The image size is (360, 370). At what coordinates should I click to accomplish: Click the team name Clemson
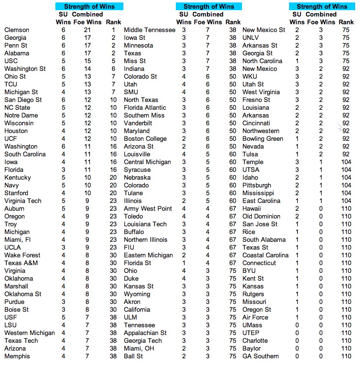[17, 30]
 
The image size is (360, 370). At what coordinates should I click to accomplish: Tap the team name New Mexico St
[264, 30]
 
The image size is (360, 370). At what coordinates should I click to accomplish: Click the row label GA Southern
[260, 356]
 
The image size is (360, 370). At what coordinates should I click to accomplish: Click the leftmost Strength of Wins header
[89, 6]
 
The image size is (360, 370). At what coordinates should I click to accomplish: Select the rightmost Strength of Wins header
[322, 6]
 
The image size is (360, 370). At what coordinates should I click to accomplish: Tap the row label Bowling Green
[263, 139]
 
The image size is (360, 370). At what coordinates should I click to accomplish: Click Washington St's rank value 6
[113, 69]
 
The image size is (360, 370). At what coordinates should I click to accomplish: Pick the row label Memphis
[17, 356]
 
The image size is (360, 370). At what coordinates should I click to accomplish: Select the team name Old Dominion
[261, 217]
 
